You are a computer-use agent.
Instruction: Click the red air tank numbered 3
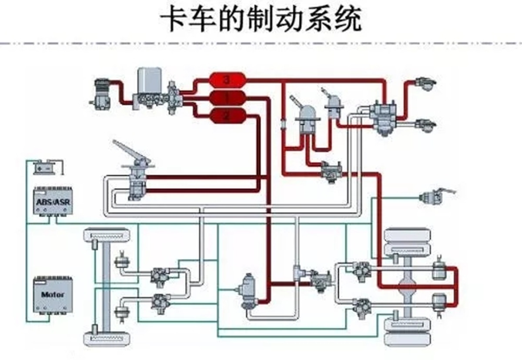click(x=227, y=80)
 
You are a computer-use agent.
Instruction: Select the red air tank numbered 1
click(x=227, y=98)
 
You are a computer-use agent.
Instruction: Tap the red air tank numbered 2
click(x=227, y=116)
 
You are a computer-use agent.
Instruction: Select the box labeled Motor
click(x=53, y=294)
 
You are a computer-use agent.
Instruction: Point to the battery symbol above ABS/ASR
click(x=45, y=167)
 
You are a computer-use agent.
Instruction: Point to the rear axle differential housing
click(x=407, y=287)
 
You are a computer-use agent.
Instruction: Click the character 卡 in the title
click(x=174, y=20)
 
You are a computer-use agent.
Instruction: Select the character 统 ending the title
click(x=348, y=20)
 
